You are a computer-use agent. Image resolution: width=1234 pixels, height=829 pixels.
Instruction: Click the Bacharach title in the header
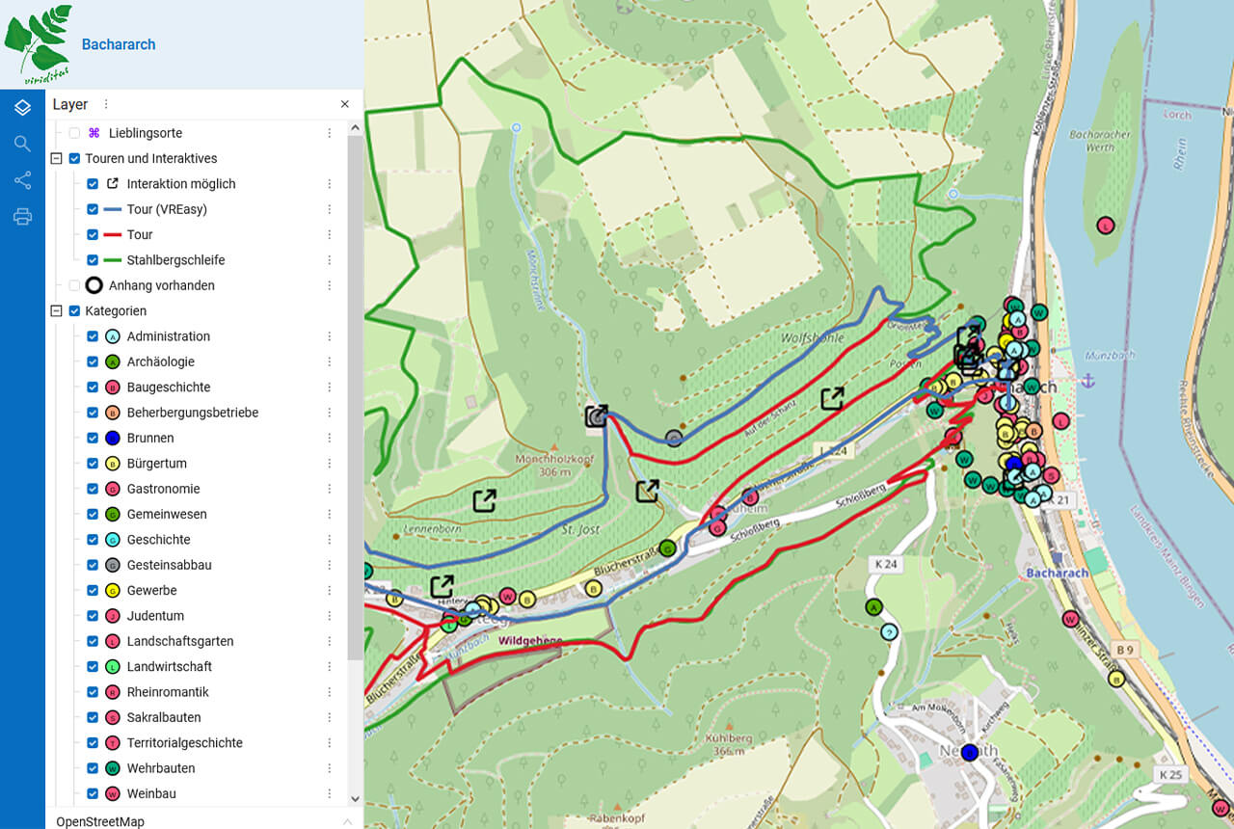pyautogui.click(x=118, y=44)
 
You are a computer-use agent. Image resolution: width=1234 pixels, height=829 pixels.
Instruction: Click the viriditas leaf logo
pyautogui.click(x=39, y=43)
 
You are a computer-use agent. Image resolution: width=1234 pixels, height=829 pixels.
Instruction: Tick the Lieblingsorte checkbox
pyautogui.click(x=74, y=133)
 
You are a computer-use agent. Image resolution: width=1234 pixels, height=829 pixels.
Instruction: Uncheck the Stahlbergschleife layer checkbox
pyautogui.click(x=93, y=260)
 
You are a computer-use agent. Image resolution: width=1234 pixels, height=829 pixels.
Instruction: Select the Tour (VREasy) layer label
pyautogui.click(x=166, y=209)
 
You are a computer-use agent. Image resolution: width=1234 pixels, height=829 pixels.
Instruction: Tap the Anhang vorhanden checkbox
pyautogui.click(x=74, y=285)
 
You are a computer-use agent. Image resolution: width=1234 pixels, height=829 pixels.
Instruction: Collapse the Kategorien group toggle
pyautogui.click(x=57, y=311)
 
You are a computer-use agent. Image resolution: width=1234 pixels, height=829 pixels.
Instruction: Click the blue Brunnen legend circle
pyautogui.click(x=112, y=439)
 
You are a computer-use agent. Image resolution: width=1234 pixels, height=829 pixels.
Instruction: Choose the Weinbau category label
pyautogui.click(x=151, y=794)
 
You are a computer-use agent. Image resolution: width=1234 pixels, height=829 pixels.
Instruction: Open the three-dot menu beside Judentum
pyautogui.click(x=329, y=616)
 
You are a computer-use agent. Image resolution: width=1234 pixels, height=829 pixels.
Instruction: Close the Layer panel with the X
pyautogui.click(x=345, y=104)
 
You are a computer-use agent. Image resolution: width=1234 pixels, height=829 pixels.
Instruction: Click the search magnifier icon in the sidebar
pyautogui.click(x=22, y=144)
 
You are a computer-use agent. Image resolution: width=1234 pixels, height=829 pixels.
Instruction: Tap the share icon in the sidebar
pyautogui.click(x=22, y=180)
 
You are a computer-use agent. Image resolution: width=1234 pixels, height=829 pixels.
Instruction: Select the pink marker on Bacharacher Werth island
pyautogui.click(x=1106, y=226)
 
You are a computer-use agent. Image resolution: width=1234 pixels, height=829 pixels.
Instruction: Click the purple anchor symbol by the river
pyautogui.click(x=1088, y=382)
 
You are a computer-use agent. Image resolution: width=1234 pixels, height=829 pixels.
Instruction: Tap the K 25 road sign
pyautogui.click(x=1170, y=775)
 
